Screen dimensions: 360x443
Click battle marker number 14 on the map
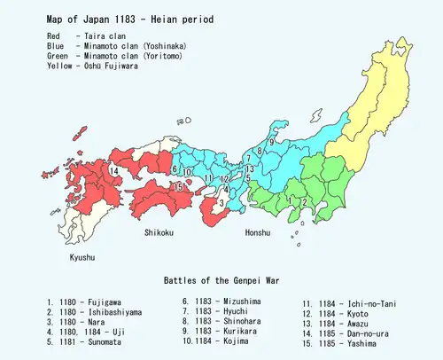coord(114,170)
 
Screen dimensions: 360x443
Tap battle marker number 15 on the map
coord(178,186)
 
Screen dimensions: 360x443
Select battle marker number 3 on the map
coord(221,205)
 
